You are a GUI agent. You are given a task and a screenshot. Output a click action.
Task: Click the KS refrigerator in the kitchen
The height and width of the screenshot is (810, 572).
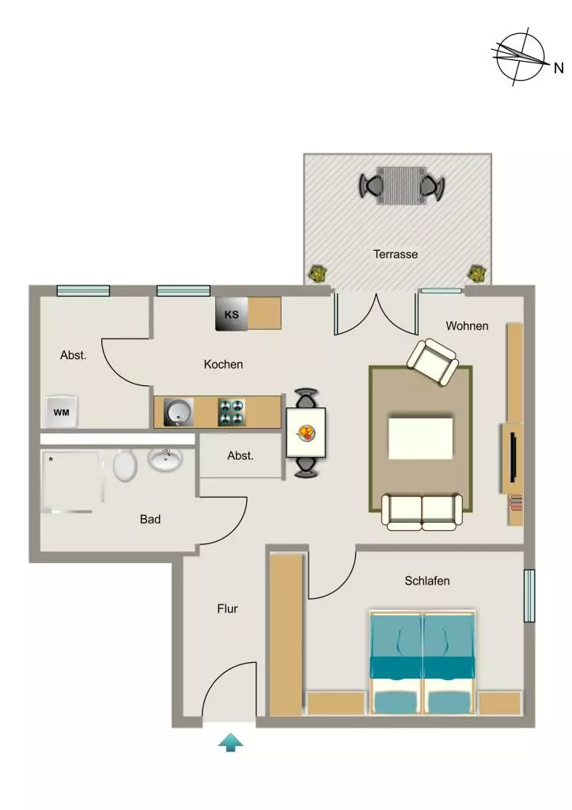pyautogui.click(x=232, y=313)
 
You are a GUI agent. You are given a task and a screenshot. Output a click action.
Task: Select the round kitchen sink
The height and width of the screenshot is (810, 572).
pyautogui.click(x=179, y=412)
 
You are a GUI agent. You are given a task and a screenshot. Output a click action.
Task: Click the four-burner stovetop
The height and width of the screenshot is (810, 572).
pyautogui.click(x=232, y=412)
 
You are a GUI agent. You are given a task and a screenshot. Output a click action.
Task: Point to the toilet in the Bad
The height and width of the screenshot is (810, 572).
pyautogui.click(x=124, y=465)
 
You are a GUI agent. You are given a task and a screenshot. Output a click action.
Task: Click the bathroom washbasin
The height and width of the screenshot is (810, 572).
pyautogui.click(x=165, y=460)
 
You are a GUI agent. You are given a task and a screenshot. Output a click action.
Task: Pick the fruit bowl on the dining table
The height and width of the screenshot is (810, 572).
pyautogui.click(x=305, y=432)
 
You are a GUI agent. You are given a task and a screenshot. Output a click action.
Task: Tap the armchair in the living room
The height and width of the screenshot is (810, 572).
pyautogui.click(x=433, y=361)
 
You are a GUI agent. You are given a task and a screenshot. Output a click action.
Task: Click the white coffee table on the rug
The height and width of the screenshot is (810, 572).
pyautogui.click(x=421, y=438)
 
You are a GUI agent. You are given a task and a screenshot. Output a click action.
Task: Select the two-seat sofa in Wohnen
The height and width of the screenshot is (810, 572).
pyautogui.click(x=422, y=512)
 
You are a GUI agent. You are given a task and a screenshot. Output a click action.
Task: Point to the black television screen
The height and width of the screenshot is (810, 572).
pyautogui.click(x=513, y=457)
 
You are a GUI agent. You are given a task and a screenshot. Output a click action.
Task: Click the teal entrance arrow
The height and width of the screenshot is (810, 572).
pyautogui.click(x=230, y=742)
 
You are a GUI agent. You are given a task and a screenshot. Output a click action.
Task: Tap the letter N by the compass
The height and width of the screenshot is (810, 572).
pyautogui.click(x=558, y=68)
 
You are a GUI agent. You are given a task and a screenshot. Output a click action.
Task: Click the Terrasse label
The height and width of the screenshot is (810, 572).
pyautogui.click(x=396, y=254)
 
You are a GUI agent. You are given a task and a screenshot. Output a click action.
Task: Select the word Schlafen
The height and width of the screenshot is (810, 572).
pyautogui.click(x=426, y=581)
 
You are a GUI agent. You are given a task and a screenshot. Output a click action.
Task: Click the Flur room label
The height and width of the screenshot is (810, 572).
pyautogui.click(x=227, y=608)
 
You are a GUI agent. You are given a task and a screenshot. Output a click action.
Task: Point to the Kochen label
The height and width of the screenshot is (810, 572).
pyautogui.click(x=223, y=364)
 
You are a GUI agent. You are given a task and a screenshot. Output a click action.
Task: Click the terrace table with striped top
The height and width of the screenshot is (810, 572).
pyautogui.click(x=401, y=186)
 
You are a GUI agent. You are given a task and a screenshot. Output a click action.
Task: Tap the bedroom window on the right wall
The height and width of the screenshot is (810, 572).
pyautogui.click(x=529, y=596)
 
